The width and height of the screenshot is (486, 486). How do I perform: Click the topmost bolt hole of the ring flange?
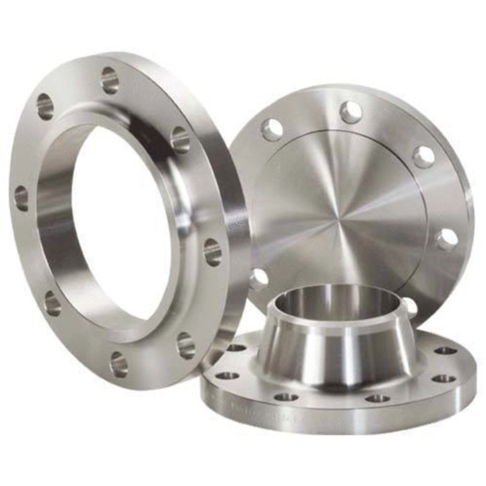[x=110, y=80]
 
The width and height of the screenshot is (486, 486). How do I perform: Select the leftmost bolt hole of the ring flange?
[x=21, y=199]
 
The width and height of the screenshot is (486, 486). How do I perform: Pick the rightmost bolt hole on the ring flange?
[x=212, y=252]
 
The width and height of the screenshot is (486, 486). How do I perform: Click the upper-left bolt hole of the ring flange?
[x=45, y=106]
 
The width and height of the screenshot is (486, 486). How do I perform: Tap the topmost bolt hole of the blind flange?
[x=351, y=112]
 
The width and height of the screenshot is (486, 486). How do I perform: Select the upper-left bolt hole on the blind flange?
[x=272, y=129]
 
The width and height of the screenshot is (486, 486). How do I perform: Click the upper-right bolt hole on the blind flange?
[x=424, y=156]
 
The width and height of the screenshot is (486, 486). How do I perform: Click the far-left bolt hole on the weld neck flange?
[x=226, y=376]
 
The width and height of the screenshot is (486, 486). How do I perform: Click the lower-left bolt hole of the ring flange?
[x=52, y=303]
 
